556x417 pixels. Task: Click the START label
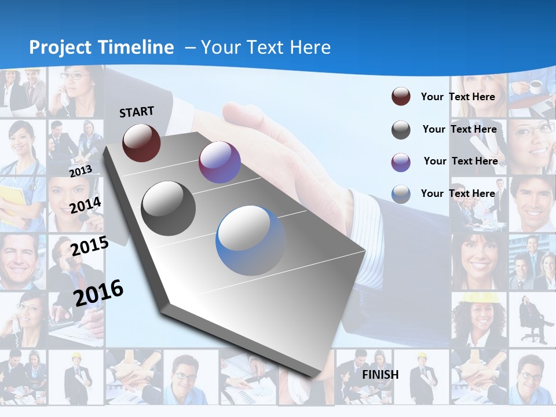137,112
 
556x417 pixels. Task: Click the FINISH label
380,375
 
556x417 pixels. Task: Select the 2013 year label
81,171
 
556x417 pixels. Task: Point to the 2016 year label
98,293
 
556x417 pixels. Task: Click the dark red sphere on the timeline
141,143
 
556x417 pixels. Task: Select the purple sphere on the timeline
220,162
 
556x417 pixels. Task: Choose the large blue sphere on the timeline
251,240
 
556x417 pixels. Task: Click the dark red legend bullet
401,97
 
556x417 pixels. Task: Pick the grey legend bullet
401,130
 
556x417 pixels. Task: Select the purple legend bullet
401,162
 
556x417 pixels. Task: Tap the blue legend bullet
401,194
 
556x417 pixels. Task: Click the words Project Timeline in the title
101,47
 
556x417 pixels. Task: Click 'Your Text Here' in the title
266,47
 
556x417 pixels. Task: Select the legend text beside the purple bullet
460,161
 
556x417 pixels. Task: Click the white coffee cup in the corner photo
535,86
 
